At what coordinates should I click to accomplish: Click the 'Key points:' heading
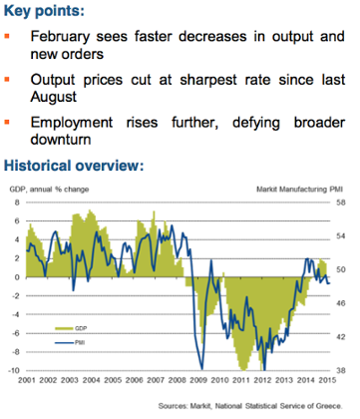(51, 11)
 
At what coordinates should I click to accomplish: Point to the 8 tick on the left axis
(18, 203)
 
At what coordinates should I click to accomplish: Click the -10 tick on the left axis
(15, 370)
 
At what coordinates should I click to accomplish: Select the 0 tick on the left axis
(18, 277)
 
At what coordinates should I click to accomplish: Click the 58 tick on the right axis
(340, 203)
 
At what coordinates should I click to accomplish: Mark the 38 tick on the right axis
(340, 370)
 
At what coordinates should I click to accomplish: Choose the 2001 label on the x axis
(28, 381)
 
